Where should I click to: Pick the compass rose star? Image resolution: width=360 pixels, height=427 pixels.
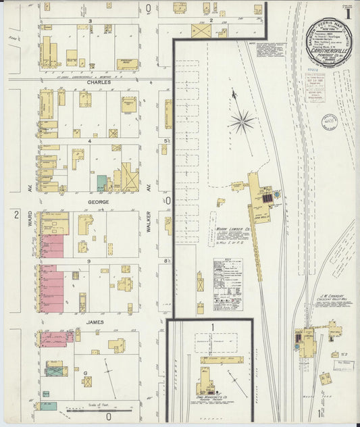point(241,122)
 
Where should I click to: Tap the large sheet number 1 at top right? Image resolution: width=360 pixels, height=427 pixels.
point(347,13)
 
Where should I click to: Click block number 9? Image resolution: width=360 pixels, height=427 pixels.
point(88,259)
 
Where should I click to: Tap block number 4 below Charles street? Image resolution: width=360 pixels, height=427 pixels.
point(88,141)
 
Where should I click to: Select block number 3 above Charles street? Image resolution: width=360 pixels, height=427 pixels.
point(89,22)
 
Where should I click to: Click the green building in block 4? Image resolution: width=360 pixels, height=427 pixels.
point(101,183)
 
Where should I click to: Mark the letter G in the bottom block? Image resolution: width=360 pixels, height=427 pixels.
point(85,373)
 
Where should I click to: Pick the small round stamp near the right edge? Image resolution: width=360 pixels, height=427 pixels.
point(330,122)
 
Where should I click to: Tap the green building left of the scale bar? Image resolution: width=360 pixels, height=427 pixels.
point(48,406)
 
